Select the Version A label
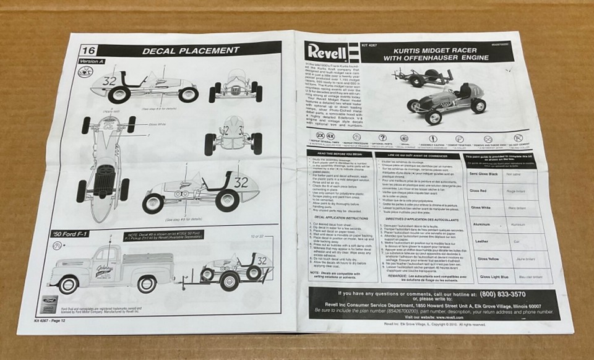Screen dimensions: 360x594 point(91,62)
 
